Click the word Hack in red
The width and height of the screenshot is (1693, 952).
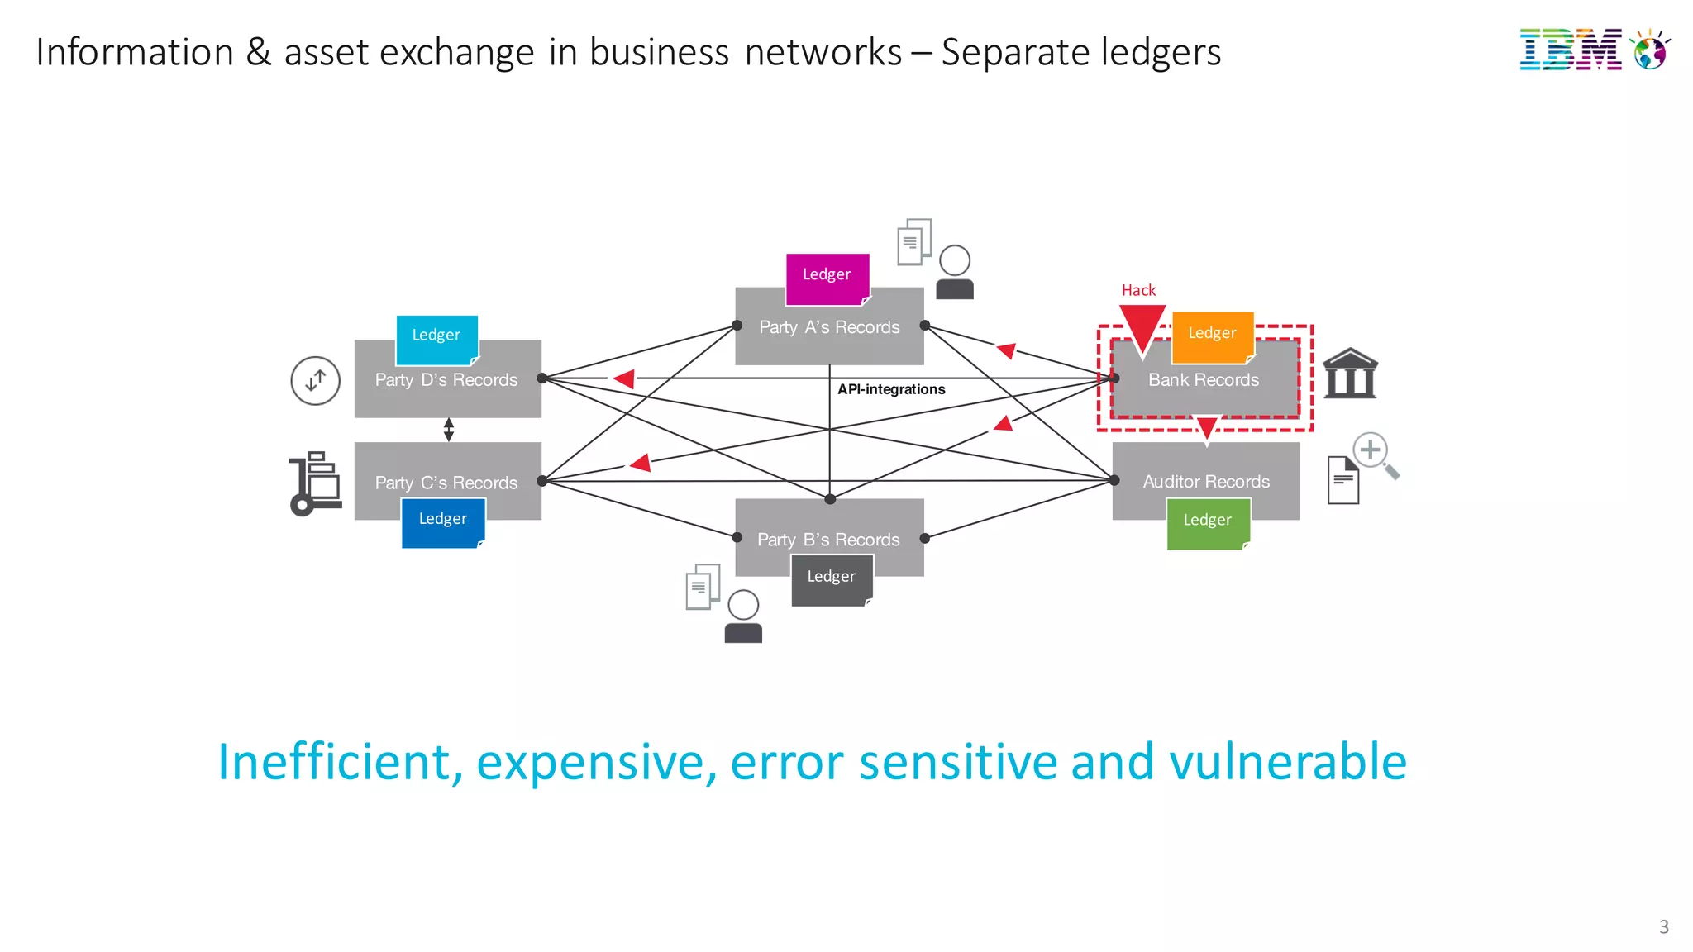pyautogui.click(x=1138, y=290)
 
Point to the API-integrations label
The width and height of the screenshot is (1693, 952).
pyautogui.click(x=891, y=389)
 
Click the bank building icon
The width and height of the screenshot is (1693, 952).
pyautogui.click(x=1350, y=374)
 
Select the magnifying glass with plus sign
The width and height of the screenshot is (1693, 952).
pyautogui.click(x=1375, y=455)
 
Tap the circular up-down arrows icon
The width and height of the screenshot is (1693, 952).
pyautogui.click(x=315, y=381)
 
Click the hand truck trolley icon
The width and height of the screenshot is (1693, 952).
pyautogui.click(x=315, y=483)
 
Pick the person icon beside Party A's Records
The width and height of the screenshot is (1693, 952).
pyautogui.click(x=955, y=273)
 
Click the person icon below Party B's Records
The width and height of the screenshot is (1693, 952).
pyautogui.click(x=743, y=617)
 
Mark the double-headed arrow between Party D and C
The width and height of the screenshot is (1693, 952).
pyautogui.click(x=449, y=430)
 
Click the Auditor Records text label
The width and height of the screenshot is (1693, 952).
pyautogui.click(x=1206, y=482)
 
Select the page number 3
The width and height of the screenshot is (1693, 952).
pyautogui.click(x=1663, y=926)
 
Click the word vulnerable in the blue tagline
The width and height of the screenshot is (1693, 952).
pyautogui.click(x=1287, y=761)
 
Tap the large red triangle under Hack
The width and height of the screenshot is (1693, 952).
pyautogui.click(x=1142, y=327)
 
